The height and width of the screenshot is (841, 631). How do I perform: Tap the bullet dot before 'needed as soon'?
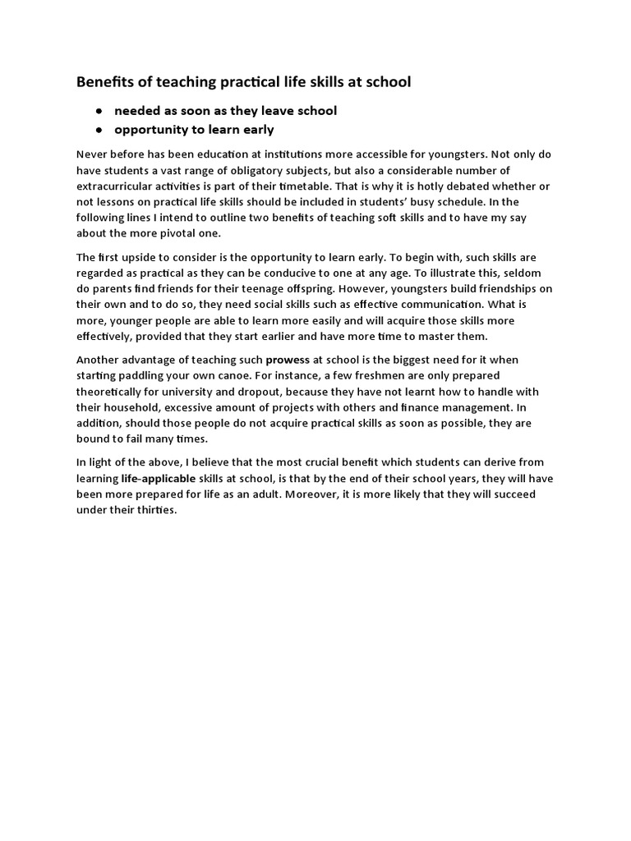point(99,111)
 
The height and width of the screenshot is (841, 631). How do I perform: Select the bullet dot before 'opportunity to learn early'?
point(99,130)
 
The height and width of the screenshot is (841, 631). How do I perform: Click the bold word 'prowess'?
point(288,360)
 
